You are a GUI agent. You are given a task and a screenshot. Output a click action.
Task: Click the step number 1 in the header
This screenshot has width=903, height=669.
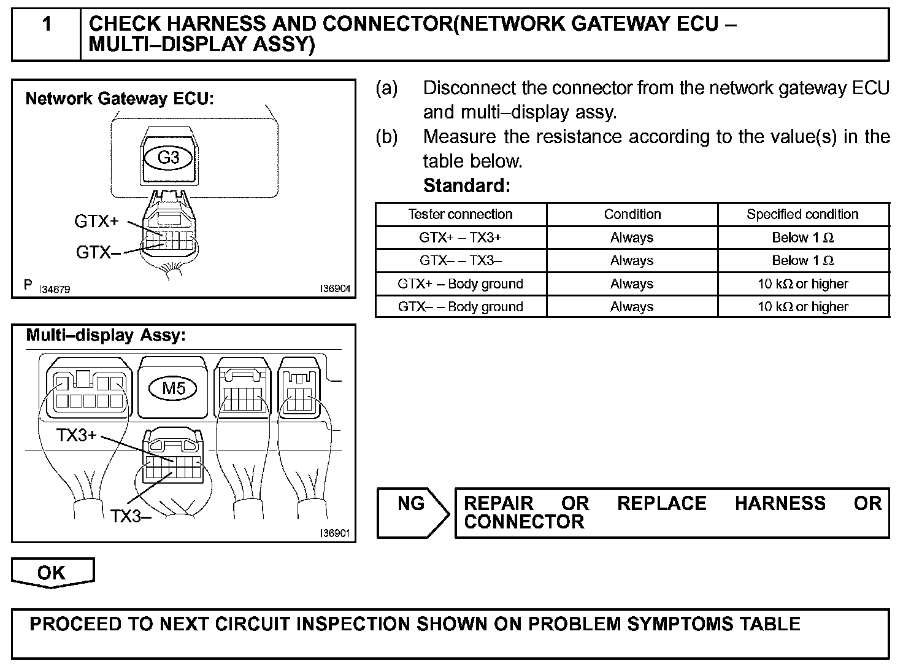tap(47, 25)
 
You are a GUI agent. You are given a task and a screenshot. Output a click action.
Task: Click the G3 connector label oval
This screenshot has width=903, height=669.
tap(168, 158)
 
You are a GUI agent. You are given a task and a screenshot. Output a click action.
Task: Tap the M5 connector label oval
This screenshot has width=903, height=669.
tap(174, 388)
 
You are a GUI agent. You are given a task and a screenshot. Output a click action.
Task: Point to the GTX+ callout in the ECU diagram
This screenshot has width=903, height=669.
tap(96, 222)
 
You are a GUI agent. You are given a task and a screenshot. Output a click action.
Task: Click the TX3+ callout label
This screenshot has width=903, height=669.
tap(77, 436)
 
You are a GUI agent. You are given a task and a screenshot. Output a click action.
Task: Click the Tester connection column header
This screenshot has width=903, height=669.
tap(460, 214)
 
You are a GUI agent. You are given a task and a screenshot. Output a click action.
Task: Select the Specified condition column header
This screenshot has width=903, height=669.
tap(802, 214)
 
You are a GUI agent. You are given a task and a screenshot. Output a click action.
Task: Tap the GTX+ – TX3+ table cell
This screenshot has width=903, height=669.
tap(460, 238)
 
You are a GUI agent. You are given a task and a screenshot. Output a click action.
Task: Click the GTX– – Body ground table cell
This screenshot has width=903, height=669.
tap(460, 307)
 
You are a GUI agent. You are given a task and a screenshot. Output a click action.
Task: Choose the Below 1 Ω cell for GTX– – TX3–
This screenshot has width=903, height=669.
tap(802, 261)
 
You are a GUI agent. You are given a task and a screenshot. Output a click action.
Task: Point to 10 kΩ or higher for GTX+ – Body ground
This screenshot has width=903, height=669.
tap(802, 284)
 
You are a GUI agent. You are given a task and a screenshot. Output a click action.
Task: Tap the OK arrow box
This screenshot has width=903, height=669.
tap(52, 573)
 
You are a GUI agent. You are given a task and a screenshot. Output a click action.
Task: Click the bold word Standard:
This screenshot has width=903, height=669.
tap(466, 185)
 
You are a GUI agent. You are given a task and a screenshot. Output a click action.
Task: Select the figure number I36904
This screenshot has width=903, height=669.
tap(335, 288)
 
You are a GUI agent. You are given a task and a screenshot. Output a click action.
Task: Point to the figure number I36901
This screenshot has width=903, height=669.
tap(335, 533)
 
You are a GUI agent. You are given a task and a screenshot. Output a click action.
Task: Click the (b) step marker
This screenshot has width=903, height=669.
tap(386, 136)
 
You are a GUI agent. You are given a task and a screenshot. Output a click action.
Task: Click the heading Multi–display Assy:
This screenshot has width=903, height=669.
tap(106, 336)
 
